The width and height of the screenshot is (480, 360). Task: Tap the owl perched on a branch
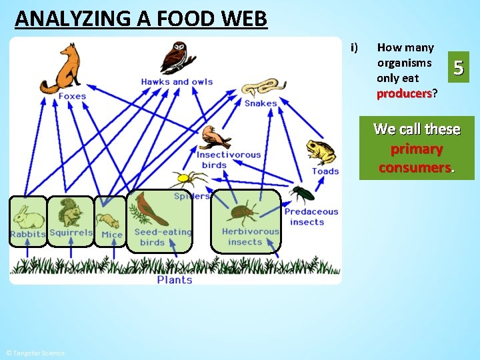pos(177,58)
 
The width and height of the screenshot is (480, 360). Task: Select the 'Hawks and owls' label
pos(177,82)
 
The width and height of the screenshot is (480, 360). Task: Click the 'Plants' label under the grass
pos(175,280)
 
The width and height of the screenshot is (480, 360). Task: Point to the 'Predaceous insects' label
pos(311,217)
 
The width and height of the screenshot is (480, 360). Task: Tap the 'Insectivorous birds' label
pos(229,159)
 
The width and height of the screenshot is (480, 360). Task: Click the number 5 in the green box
pos(458,67)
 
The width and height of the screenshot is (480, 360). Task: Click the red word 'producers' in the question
pos(403,93)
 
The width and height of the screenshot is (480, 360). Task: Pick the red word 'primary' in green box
pos(417,149)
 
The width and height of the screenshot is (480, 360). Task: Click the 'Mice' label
pos(111,235)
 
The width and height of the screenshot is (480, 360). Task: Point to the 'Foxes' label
pos(72,96)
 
